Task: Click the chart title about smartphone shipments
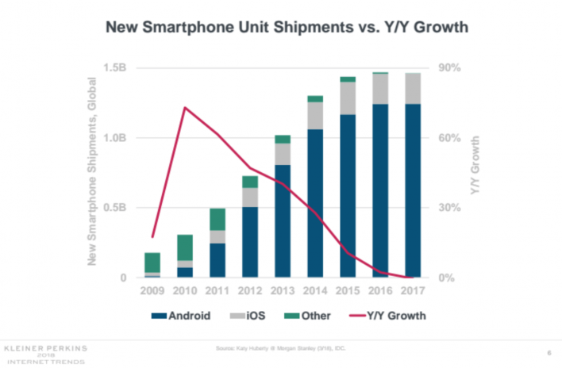[x=281, y=25]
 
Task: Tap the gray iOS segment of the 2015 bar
[x=347, y=98]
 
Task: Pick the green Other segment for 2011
[x=217, y=219]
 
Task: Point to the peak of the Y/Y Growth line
[x=185, y=107]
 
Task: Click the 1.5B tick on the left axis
[x=115, y=68]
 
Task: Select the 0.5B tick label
[x=115, y=208]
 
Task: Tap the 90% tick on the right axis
[x=451, y=68]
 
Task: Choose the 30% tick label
[x=451, y=208]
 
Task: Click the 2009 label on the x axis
[x=152, y=291]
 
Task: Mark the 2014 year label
[x=314, y=291]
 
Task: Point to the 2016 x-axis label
[x=379, y=291]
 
